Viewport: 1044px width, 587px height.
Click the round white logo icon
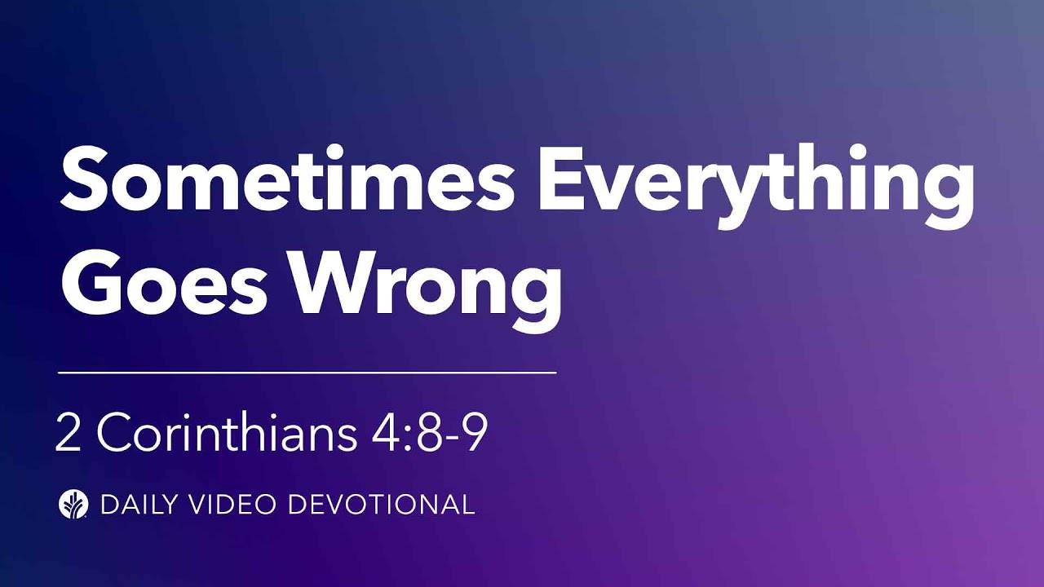[73, 504]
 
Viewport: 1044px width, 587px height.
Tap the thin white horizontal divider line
[307, 372]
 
